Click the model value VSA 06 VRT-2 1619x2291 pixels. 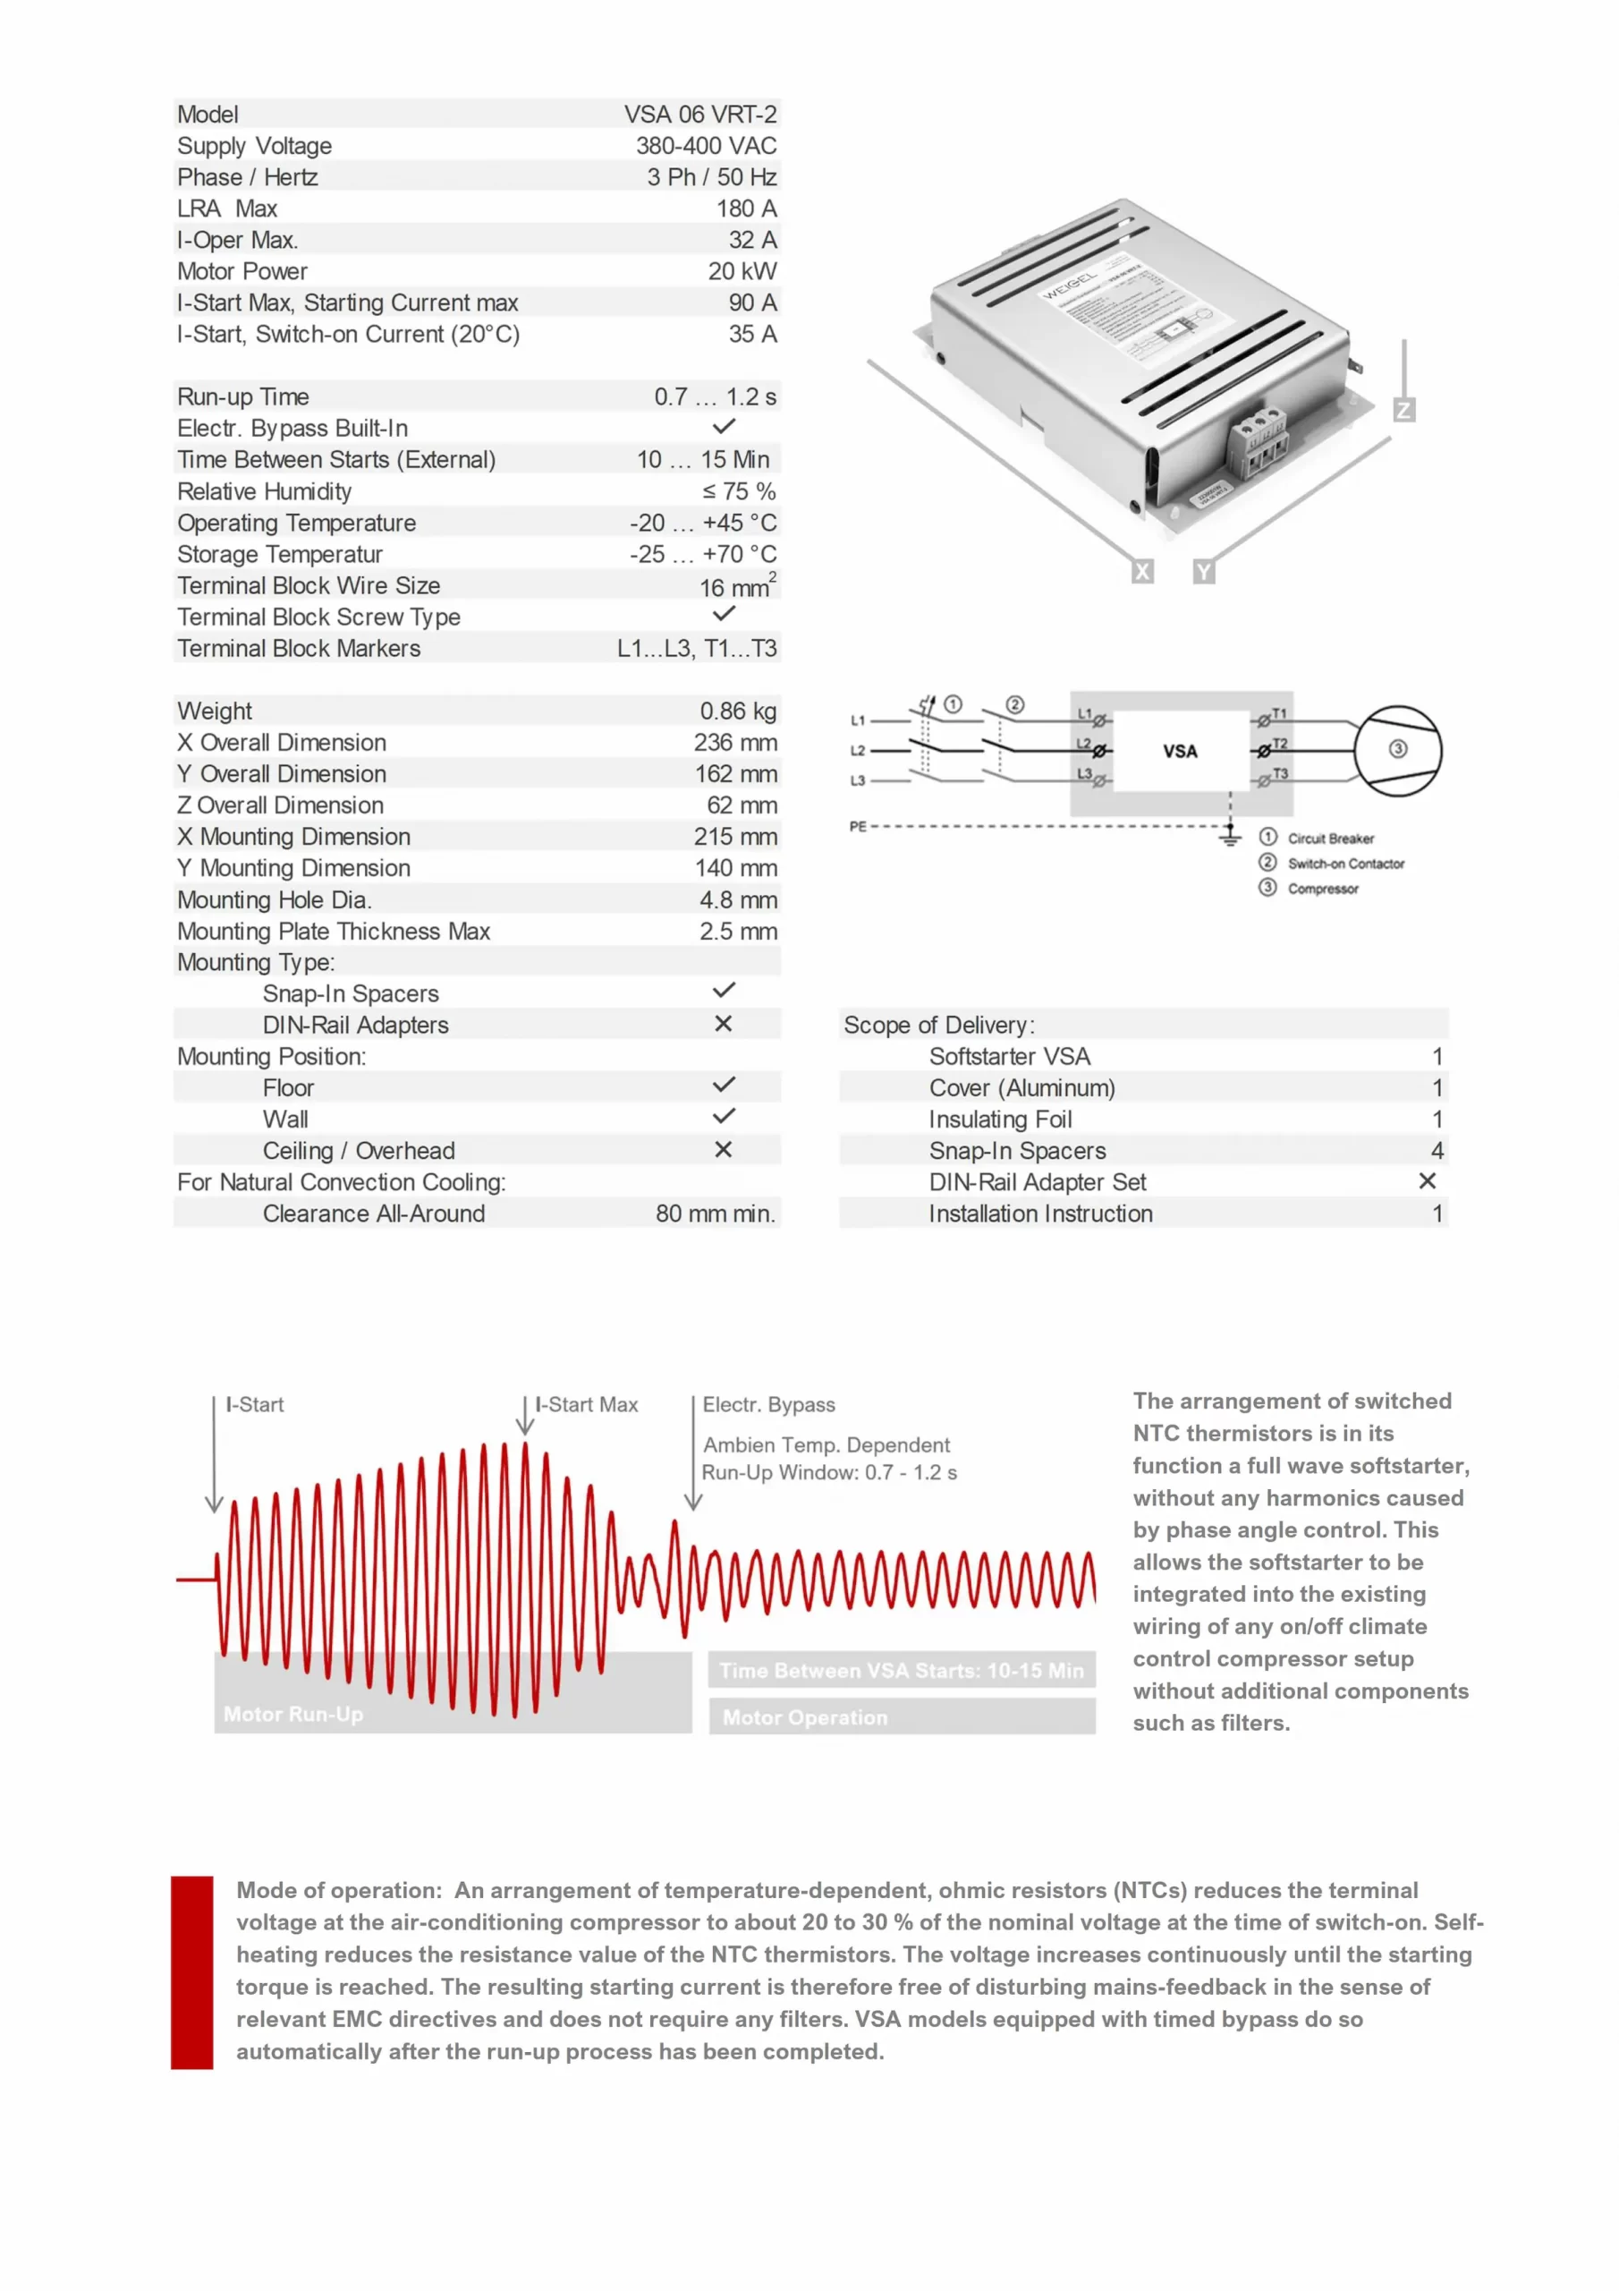click(x=699, y=115)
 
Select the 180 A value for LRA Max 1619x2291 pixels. click(x=745, y=209)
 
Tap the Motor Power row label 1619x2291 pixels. click(x=242, y=271)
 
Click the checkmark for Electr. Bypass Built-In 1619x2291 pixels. click(x=724, y=427)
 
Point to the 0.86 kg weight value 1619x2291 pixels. click(x=737, y=711)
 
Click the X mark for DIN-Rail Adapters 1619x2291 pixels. click(x=724, y=1024)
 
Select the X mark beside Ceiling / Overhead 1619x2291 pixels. click(x=724, y=1149)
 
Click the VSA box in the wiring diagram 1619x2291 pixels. click(x=1180, y=752)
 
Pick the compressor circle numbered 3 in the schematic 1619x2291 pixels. click(x=1396, y=749)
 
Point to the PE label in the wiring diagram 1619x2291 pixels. click(x=858, y=826)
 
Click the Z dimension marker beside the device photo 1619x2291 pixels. click(x=1403, y=410)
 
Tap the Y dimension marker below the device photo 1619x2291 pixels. click(x=1204, y=572)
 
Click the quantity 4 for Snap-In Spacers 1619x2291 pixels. click(x=1437, y=1151)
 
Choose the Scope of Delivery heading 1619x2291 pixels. click(x=938, y=1025)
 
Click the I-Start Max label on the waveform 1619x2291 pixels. click(x=587, y=1405)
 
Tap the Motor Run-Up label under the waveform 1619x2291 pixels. click(x=293, y=1715)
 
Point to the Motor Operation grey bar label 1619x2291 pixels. click(x=805, y=1717)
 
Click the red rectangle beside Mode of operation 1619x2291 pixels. click(x=191, y=1972)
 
